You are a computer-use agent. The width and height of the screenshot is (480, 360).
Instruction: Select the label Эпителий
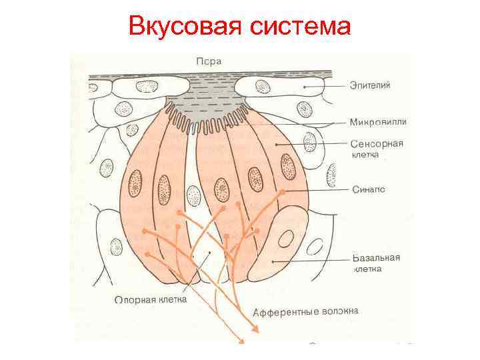tap(371, 85)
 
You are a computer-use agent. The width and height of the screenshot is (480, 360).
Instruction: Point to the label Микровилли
tap(377, 122)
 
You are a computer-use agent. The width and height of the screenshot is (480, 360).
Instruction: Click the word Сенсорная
tap(378, 144)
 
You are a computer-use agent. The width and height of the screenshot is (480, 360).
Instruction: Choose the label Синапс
tap(368, 189)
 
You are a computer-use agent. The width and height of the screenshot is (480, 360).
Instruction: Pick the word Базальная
tap(376, 257)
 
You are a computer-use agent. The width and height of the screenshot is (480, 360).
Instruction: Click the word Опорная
tap(135, 300)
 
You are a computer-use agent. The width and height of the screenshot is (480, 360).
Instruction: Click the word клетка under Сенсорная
tap(365, 155)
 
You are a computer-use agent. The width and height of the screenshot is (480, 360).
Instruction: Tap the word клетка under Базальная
tap(367, 269)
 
